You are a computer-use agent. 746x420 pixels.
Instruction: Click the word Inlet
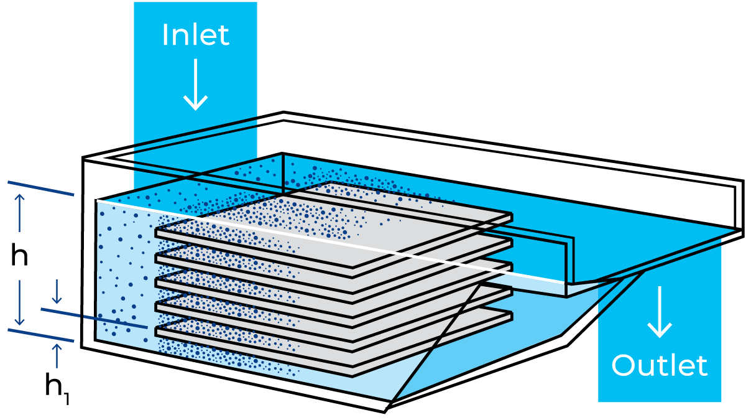195,35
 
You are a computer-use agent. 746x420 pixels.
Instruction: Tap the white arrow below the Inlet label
195,85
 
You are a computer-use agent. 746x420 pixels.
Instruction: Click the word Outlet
660,365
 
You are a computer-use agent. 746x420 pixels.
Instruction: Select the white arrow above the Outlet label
660,312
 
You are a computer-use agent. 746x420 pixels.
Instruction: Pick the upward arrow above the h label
20,213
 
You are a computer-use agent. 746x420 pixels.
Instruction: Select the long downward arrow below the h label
20,302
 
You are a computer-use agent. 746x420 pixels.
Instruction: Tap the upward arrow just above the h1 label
57,356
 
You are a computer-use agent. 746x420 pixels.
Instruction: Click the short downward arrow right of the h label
57,291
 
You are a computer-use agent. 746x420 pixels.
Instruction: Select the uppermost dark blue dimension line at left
40,189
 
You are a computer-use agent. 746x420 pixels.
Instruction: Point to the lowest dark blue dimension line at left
40,335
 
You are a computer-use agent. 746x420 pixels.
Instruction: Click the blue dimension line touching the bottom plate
94,319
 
